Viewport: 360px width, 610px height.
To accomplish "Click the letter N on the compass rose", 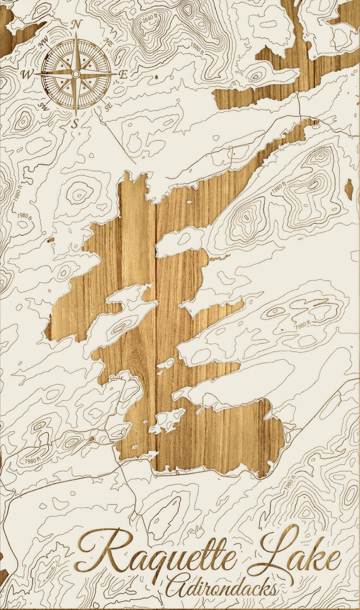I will coord(76,24).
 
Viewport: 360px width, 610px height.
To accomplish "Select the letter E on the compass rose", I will coord(122,74).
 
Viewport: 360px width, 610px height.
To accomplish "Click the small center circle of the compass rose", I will coord(75,74).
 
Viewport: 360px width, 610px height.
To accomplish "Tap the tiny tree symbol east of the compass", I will coord(156,77).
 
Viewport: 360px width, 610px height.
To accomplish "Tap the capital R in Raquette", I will coord(102,550).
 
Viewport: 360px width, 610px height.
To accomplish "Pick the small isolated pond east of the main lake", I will coord(348,189).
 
